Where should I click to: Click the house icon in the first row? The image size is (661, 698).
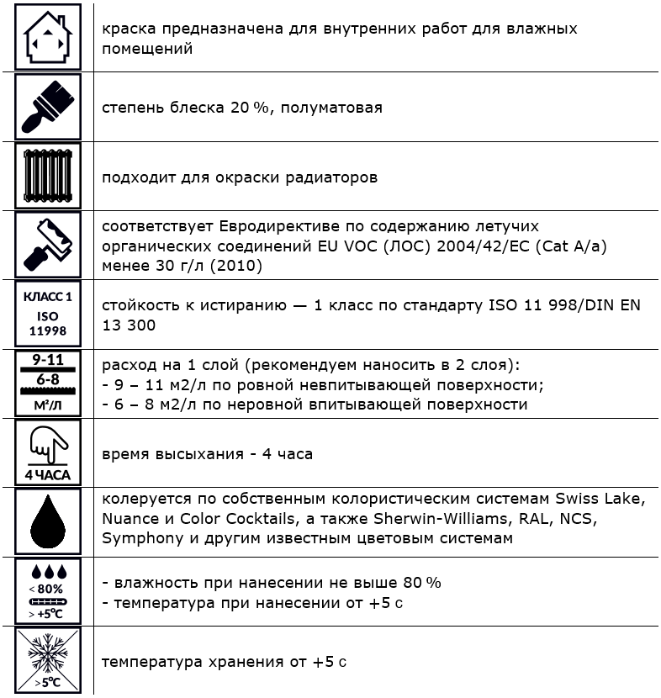coord(48,38)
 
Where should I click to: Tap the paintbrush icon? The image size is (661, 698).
coord(48,106)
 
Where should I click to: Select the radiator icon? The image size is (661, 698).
coord(48,176)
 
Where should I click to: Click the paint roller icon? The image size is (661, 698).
coord(48,245)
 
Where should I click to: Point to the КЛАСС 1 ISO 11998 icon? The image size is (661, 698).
coord(48,314)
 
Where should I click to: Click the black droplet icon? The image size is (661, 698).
coord(48,521)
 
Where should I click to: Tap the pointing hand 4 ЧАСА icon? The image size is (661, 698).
coord(48,452)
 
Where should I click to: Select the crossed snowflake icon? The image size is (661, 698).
coord(48,660)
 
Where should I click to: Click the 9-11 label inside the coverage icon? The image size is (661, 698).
coord(48,361)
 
